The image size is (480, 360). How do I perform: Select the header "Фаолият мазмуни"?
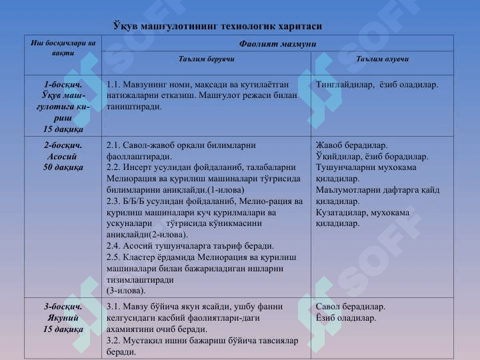click(x=277, y=43)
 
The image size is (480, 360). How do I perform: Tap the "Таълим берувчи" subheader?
click(x=207, y=59)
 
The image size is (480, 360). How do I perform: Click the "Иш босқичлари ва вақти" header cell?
click(x=63, y=47)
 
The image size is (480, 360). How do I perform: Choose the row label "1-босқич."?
click(x=63, y=85)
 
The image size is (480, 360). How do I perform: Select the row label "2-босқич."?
click(x=63, y=145)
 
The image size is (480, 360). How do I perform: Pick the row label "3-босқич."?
click(x=63, y=307)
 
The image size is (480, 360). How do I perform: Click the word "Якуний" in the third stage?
click(x=63, y=318)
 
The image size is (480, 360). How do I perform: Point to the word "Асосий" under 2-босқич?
click(x=63, y=156)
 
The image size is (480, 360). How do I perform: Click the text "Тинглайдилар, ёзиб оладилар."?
click(x=377, y=85)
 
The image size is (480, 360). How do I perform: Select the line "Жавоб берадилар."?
click(x=351, y=145)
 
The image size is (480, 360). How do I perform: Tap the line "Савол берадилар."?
click(x=350, y=307)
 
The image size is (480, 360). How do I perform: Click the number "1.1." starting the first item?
click(x=114, y=85)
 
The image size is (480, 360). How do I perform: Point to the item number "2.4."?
click(x=114, y=246)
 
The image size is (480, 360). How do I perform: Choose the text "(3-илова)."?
click(x=126, y=291)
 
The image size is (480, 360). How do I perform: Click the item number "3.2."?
click(x=114, y=341)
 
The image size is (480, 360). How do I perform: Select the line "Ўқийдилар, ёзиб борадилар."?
click(x=372, y=157)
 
